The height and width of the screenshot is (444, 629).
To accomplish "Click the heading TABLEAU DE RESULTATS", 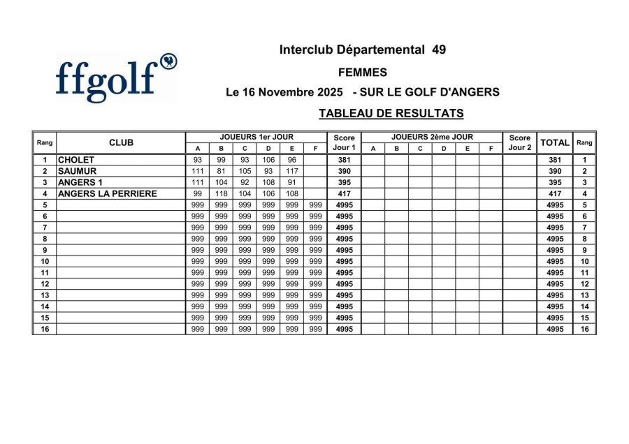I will tap(391, 113).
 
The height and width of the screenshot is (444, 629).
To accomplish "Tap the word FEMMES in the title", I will tap(362, 72).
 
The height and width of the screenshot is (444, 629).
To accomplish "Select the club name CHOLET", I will tap(76, 160).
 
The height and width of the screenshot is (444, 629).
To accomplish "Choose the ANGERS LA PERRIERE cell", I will tap(107, 193).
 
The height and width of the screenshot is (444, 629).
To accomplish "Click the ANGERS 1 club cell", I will tap(80, 182).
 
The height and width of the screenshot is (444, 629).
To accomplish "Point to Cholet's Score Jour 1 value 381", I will tap(344, 160).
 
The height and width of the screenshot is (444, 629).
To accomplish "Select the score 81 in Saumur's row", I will tap(221, 171).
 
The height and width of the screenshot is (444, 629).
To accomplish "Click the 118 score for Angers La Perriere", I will tap(221, 193).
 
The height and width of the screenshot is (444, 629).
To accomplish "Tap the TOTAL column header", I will tap(555, 142).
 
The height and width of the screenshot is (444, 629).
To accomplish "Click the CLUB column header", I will tap(121, 142).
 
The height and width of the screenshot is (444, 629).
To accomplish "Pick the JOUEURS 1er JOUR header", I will tap(256, 137).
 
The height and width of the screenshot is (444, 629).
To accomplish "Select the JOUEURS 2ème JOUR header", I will tap(432, 137).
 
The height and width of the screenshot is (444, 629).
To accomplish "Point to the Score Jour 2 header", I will tap(520, 142).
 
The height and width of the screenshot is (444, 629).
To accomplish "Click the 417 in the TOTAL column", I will tap(555, 193).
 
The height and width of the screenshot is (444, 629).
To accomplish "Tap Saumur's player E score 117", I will tap(291, 171).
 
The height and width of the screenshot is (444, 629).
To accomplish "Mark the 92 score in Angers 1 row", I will tap(245, 182).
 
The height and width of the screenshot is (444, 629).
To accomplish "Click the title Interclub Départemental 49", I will tap(362, 50).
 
